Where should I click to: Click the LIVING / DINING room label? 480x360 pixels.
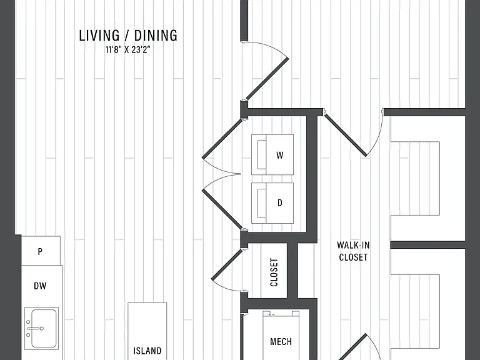pos(128,36)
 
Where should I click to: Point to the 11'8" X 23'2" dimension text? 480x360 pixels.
pos(127,49)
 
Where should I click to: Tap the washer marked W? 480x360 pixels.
pos(272,154)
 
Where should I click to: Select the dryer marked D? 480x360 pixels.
pos(272,203)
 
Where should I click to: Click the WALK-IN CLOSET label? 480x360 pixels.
pos(353,251)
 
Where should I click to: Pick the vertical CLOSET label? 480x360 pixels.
pos(274,272)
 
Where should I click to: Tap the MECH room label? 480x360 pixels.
pos(281,342)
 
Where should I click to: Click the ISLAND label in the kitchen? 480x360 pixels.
pos(147,351)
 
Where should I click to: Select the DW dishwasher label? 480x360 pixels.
pos(40,286)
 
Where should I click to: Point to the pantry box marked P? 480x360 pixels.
pos(41,251)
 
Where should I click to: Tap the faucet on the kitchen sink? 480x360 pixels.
pos(34,329)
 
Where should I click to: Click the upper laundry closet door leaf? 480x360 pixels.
pos(222,139)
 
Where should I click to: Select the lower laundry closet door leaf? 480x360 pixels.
pos(222,209)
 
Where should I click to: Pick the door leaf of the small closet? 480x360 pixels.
pos(227,264)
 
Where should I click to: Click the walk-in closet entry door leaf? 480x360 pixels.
pos(346,135)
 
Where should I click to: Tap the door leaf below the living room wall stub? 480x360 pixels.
pos(267,78)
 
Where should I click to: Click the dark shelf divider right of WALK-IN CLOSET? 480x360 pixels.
pos(427,245)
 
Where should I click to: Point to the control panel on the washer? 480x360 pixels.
pos(262,154)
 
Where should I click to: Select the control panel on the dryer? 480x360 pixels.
pos(262,203)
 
